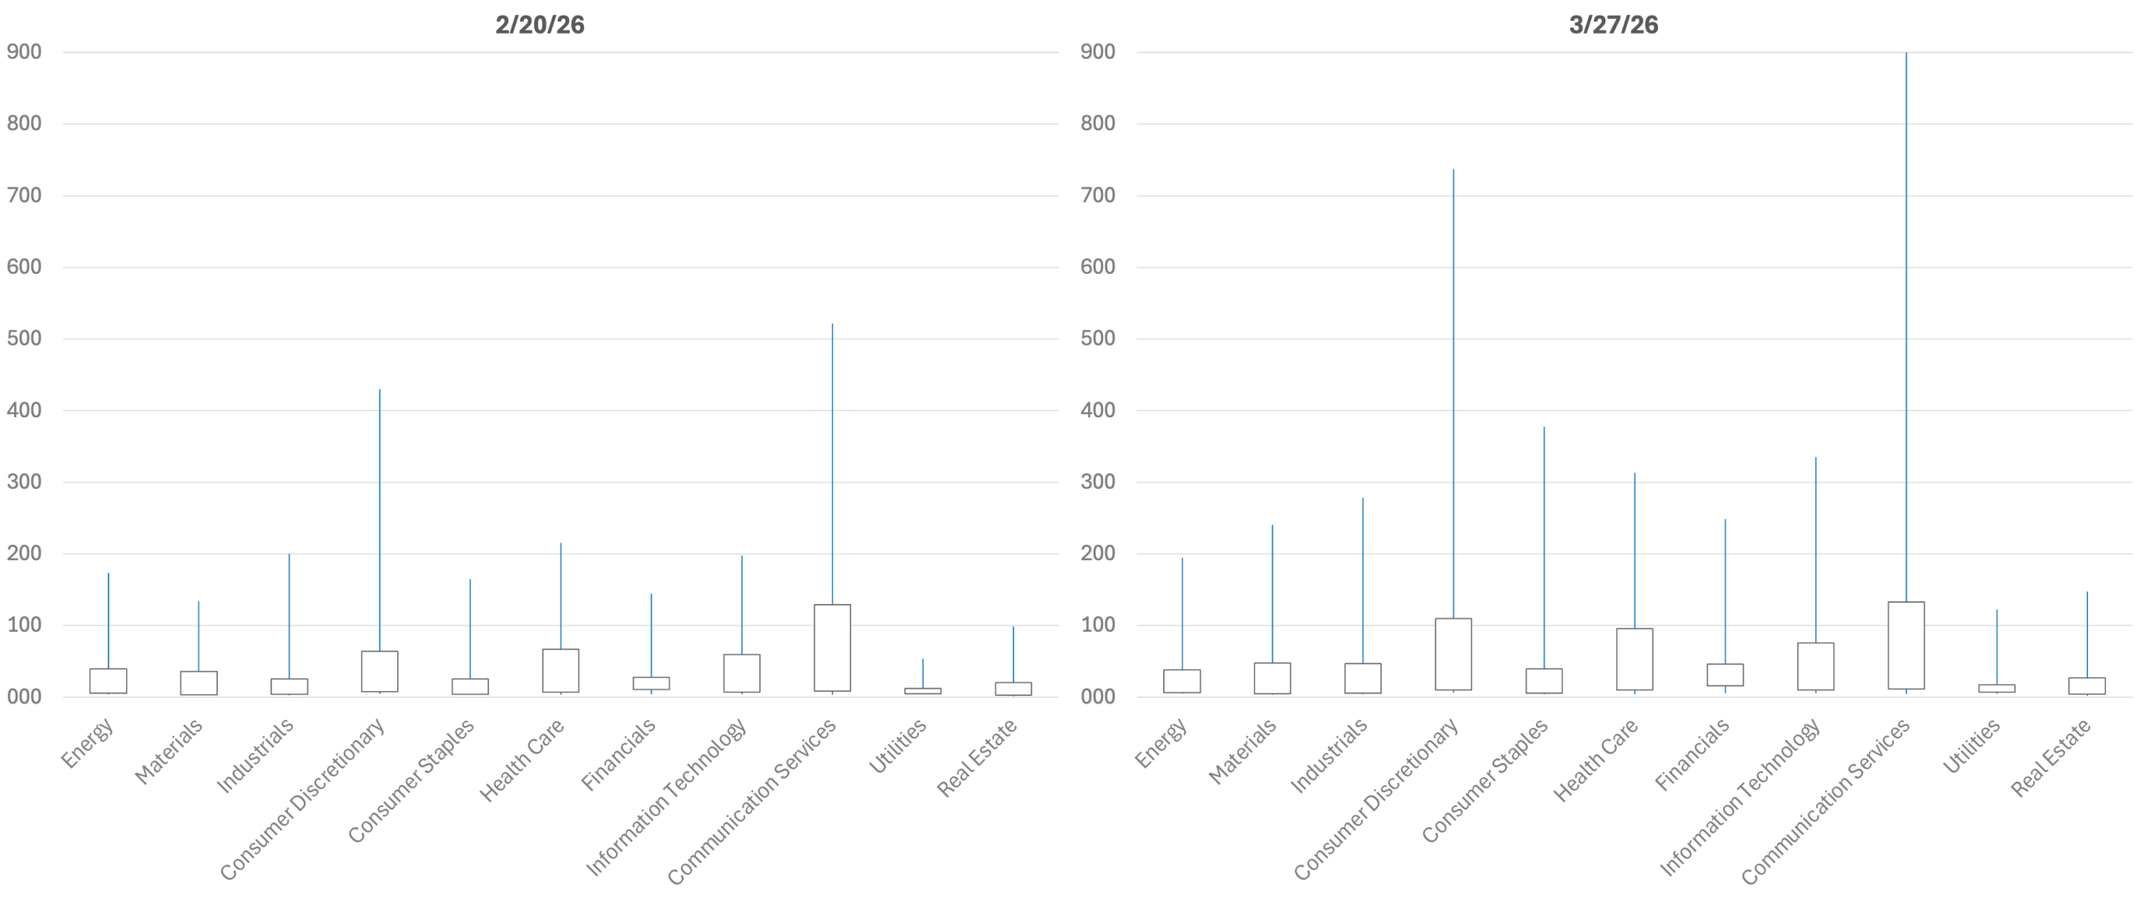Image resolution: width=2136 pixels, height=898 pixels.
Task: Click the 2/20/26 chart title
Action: [x=539, y=25]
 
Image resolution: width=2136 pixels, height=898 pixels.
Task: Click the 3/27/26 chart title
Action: [x=1613, y=25]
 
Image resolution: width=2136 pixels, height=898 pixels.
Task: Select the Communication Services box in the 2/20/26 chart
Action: [x=832, y=648]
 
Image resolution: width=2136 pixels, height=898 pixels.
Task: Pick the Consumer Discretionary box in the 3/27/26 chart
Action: [x=1453, y=654]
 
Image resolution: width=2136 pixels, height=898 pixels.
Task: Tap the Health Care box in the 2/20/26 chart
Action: [x=560, y=670]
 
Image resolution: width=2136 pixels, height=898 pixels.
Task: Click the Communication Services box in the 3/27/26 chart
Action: [x=1906, y=645]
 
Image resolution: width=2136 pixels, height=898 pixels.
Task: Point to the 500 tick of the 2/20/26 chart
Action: [x=24, y=338]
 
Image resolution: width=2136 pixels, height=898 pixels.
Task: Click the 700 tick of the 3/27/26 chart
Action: [x=1097, y=195]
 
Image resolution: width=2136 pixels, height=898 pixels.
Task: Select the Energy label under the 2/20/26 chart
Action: [x=88, y=743]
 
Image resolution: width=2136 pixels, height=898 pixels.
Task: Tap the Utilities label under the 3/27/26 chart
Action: [x=1971, y=746]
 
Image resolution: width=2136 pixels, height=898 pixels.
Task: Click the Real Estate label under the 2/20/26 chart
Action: [x=976, y=757]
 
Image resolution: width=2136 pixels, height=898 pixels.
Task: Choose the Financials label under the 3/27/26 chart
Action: [x=1691, y=754]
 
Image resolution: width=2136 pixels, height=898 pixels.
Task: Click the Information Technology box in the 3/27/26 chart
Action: [x=1815, y=666]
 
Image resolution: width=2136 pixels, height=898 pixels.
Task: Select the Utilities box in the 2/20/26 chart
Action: [x=922, y=691]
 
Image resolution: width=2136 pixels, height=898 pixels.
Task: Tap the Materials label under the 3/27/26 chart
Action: [x=1242, y=751]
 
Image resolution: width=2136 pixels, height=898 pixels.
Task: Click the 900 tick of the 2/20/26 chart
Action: [x=24, y=52]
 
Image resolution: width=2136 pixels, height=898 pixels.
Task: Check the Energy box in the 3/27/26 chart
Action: [x=1181, y=681]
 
